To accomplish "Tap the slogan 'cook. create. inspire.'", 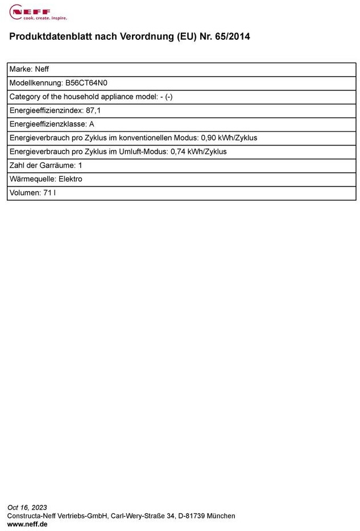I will click(x=37, y=18).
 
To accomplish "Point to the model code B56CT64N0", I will click(x=86, y=83).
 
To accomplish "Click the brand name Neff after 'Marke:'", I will click(x=42, y=69).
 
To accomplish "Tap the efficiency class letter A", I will click(x=92, y=124).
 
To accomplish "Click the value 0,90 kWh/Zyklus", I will click(x=229, y=138).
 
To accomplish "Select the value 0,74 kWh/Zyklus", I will click(x=198, y=152).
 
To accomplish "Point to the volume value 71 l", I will click(x=49, y=193).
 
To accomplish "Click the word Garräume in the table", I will click(x=58, y=165).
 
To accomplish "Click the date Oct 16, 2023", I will click(x=27, y=508).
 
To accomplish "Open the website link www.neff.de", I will click(x=27, y=524).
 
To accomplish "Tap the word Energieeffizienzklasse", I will click(x=47, y=124).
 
